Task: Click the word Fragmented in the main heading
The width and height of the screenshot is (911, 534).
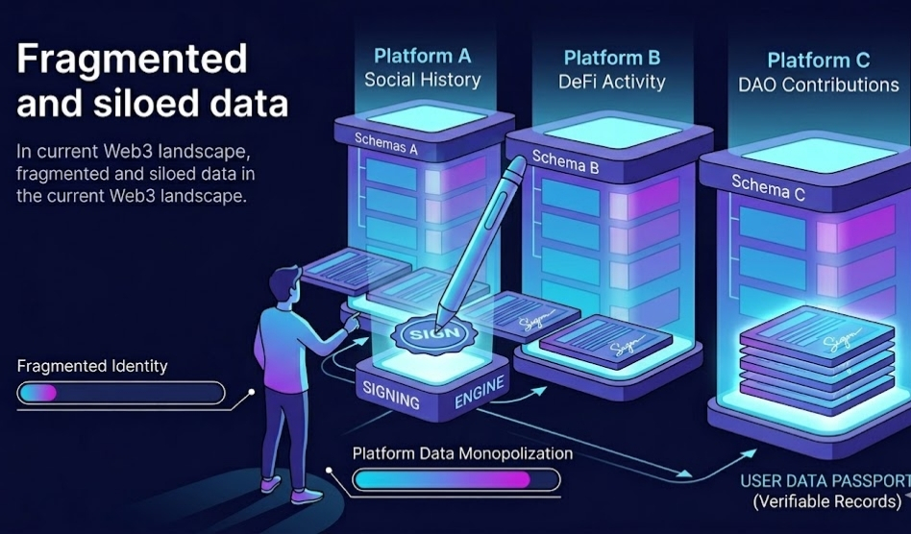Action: [x=132, y=60]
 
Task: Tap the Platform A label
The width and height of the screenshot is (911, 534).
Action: [x=422, y=55]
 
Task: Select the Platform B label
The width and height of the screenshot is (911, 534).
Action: [x=612, y=58]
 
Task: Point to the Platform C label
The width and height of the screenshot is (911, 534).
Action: [x=819, y=60]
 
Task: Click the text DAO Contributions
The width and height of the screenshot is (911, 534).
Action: [x=819, y=85]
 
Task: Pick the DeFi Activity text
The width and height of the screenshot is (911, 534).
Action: [x=612, y=82]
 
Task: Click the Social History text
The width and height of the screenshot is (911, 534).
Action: [x=422, y=79]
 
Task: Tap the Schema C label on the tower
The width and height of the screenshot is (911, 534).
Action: [x=768, y=186]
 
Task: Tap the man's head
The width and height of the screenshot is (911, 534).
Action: [x=283, y=284]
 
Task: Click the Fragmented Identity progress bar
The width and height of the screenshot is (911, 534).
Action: [x=121, y=393]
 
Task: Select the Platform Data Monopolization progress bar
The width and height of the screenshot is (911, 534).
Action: [x=455, y=479]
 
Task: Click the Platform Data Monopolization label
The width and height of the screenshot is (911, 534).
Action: [x=461, y=453]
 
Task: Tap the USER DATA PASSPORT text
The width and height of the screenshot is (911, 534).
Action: [x=823, y=481]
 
